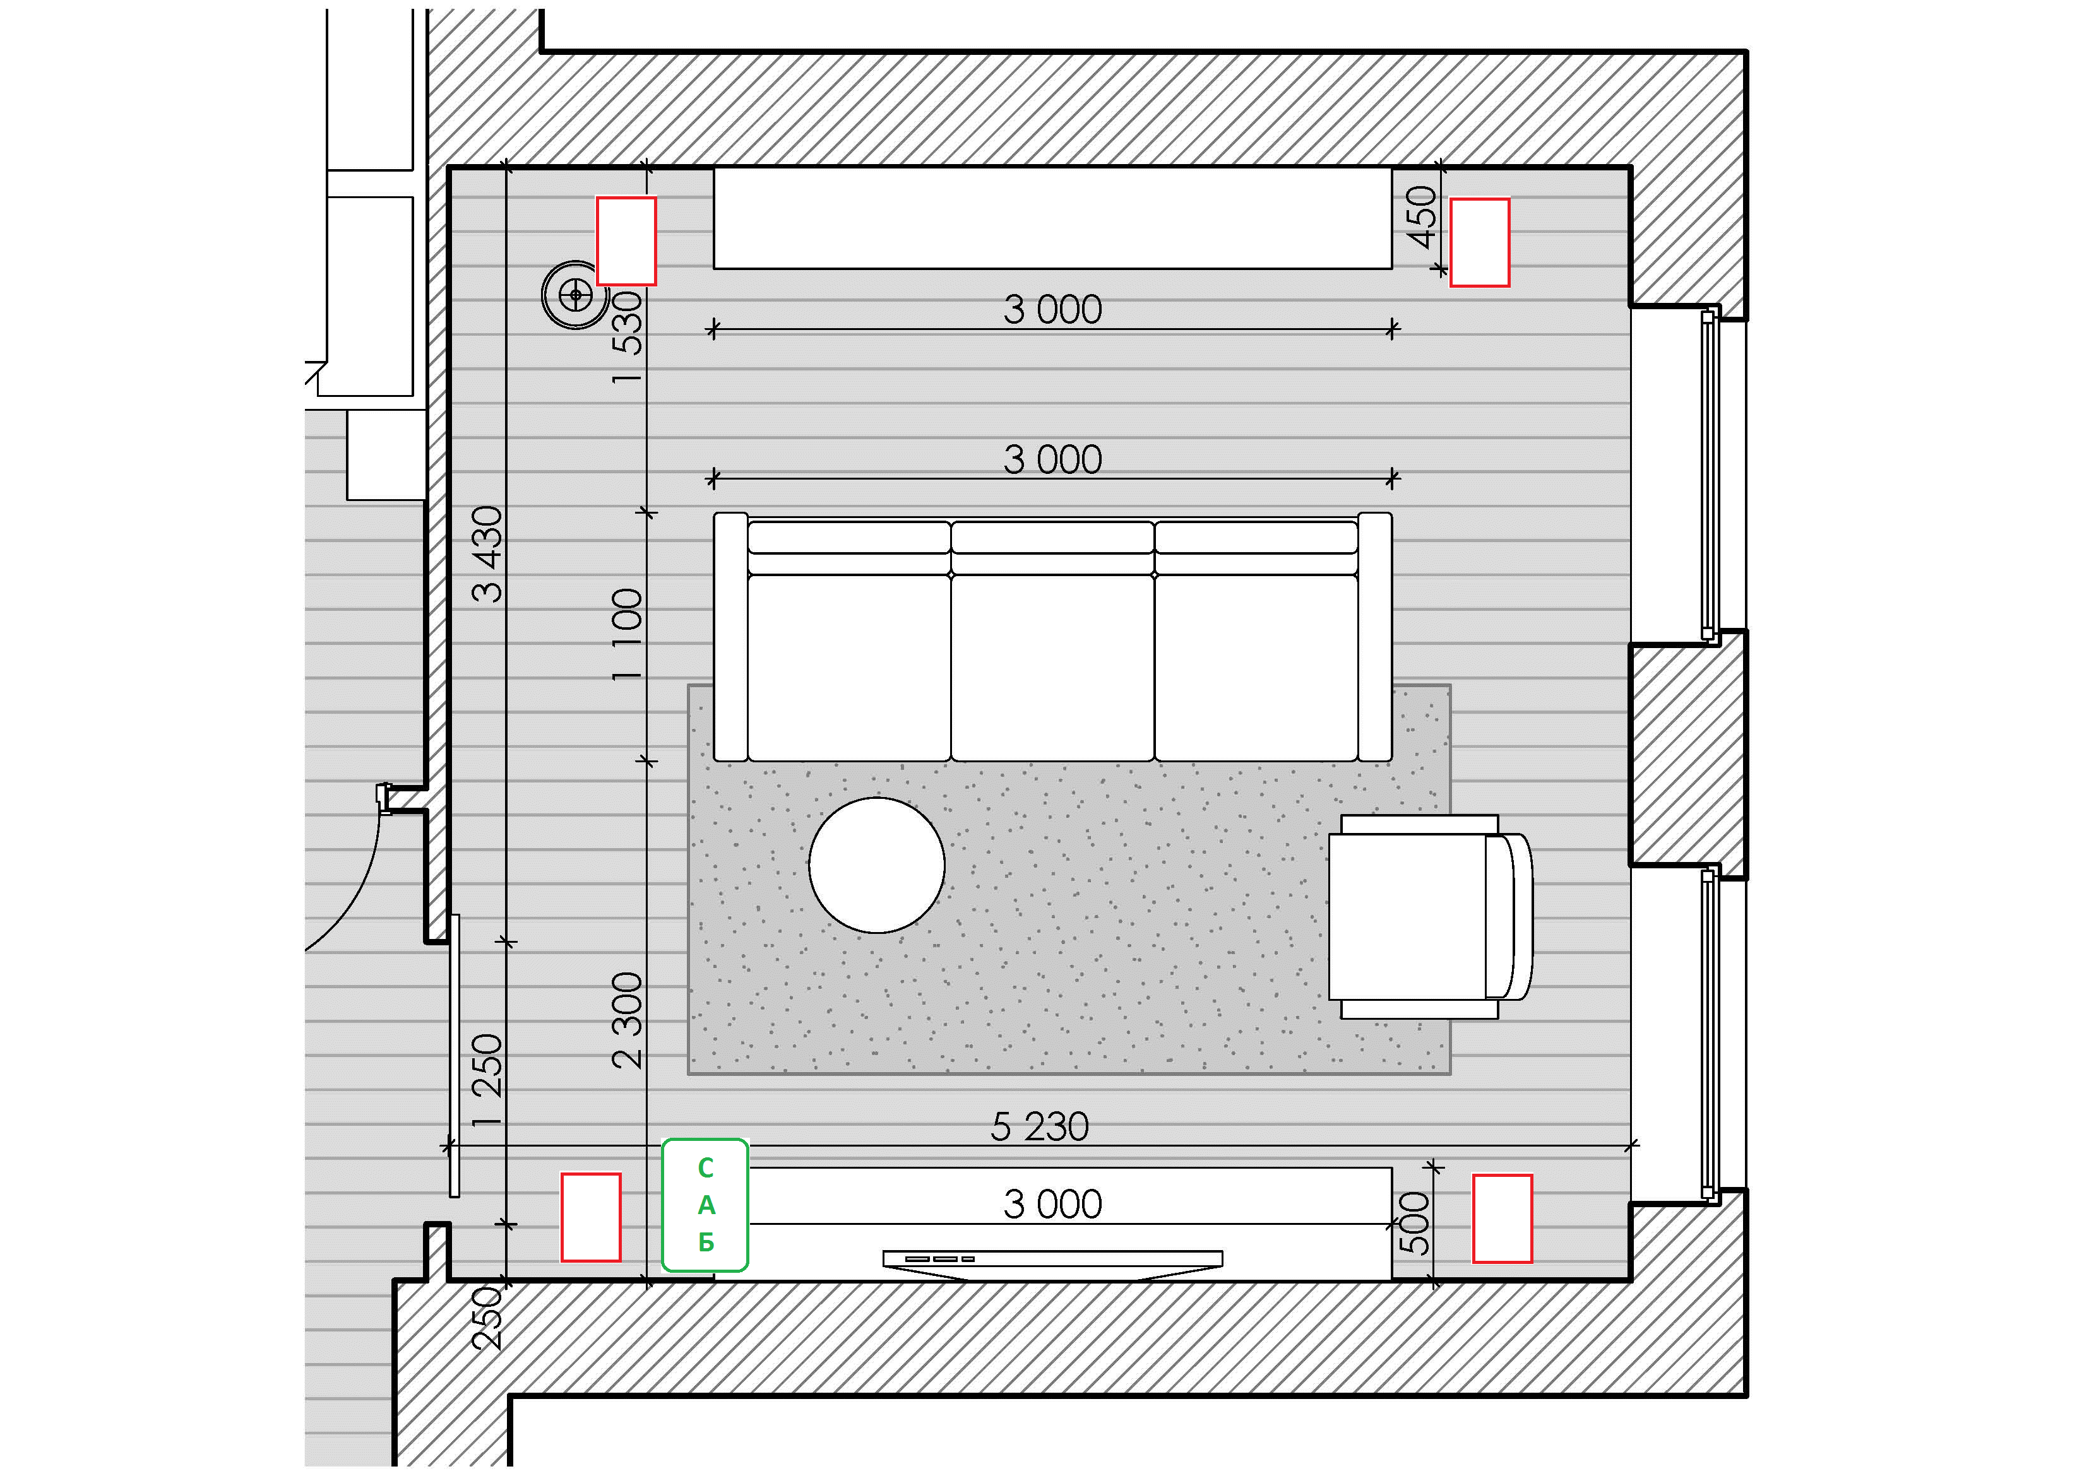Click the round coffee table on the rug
(x=876, y=865)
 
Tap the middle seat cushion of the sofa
(x=1052, y=666)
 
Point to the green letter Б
(x=706, y=1243)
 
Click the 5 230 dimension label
(x=1039, y=1127)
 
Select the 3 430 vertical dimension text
(x=487, y=554)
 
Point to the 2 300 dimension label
(x=627, y=1020)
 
